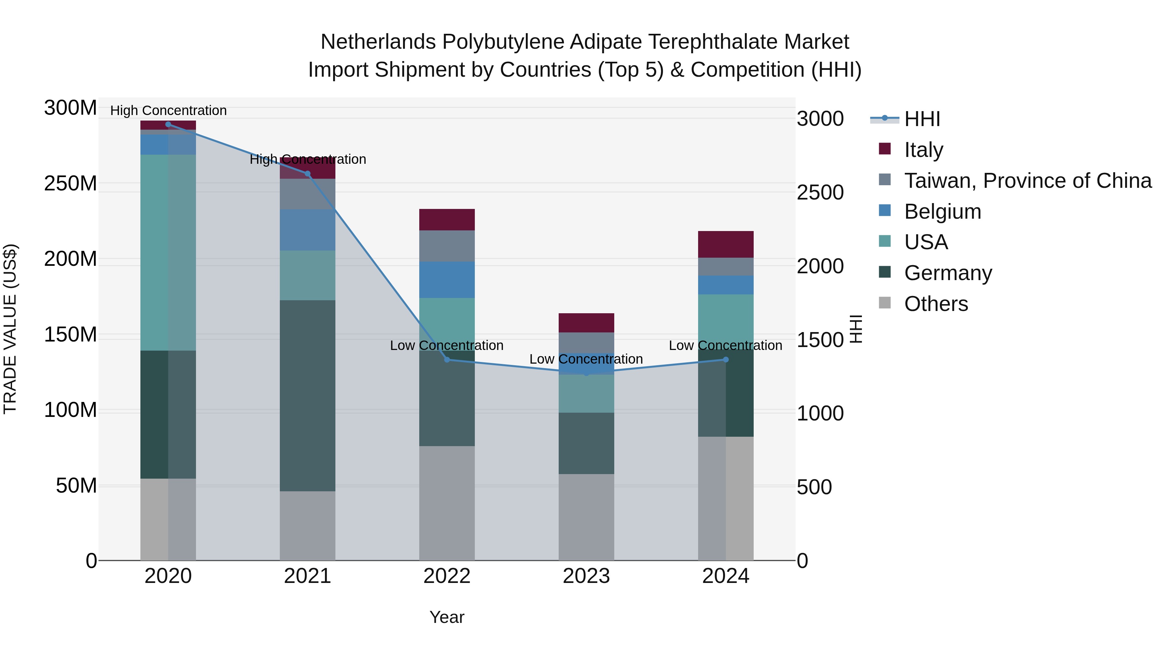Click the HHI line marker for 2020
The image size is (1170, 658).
click(x=168, y=124)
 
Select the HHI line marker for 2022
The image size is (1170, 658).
click(x=447, y=360)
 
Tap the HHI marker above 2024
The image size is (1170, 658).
click(x=725, y=360)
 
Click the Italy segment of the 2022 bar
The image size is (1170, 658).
click(x=447, y=220)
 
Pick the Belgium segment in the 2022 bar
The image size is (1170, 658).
click(x=447, y=280)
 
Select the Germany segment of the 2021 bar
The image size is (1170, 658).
click(x=307, y=395)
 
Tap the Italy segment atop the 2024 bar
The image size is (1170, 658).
click(x=725, y=244)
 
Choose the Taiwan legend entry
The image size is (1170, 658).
click(x=1027, y=181)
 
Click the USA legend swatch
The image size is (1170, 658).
click(x=885, y=241)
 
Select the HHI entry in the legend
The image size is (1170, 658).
click(x=922, y=119)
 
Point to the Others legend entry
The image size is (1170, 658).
click(x=936, y=304)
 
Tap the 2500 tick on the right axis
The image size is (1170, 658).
click(x=820, y=193)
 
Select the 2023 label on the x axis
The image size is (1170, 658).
click(x=586, y=576)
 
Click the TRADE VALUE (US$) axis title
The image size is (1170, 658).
click(x=10, y=329)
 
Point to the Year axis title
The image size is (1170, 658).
click(x=447, y=617)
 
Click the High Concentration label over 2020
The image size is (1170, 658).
click(x=168, y=110)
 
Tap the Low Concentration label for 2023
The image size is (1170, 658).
click(x=586, y=359)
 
